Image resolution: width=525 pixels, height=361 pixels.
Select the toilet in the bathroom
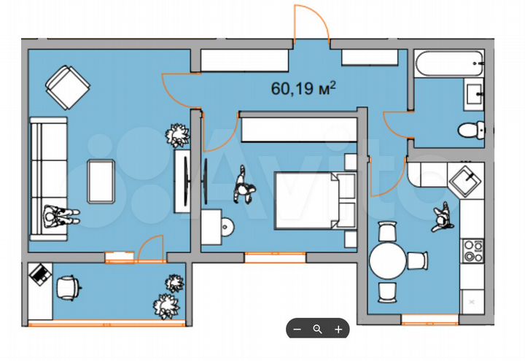[x=471, y=130]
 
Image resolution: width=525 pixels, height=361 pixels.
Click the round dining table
[x=387, y=260]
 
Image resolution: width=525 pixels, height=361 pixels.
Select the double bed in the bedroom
[x=312, y=201]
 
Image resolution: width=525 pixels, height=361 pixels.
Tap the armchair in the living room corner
[x=69, y=85]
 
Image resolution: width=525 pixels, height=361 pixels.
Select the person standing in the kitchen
[x=441, y=217]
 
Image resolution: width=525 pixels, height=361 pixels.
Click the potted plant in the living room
[x=177, y=135]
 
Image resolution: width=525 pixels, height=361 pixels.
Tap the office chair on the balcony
[x=68, y=287]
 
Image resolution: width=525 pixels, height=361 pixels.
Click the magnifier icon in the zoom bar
[x=317, y=329]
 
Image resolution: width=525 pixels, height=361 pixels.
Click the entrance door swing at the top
[x=310, y=26]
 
